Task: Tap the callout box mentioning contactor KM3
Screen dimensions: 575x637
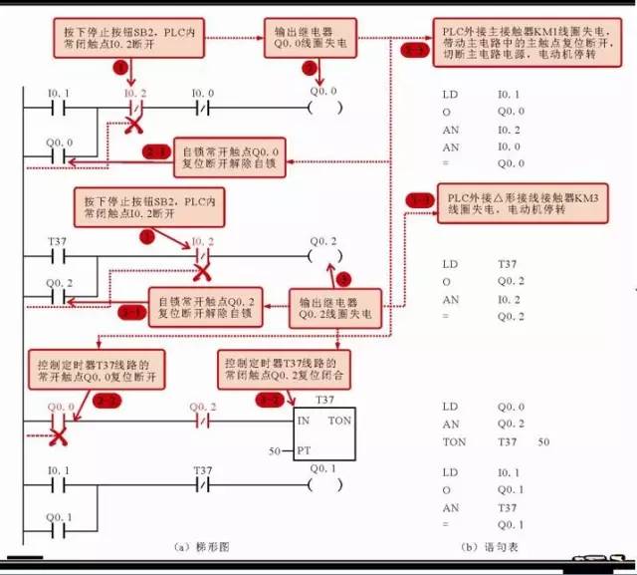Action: tap(522, 203)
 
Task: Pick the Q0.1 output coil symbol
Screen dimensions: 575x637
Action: tap(323, 485)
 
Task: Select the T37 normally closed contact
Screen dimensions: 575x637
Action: tap(203, 485)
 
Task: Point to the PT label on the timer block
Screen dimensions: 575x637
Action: tap(304, 450)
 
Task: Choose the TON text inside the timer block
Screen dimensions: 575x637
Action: tap(339, 421)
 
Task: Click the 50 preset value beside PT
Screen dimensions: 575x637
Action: tap(277, 450)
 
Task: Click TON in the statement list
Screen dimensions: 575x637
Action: tap(453, 439)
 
